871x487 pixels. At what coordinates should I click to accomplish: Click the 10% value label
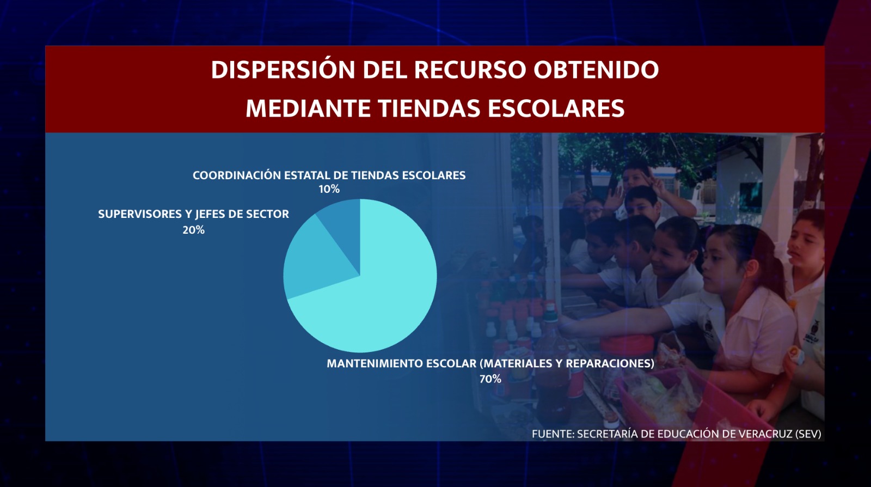pyautogui.click(x=329, y=190)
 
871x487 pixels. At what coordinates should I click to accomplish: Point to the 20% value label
pyautogui.click(x=194, y=230)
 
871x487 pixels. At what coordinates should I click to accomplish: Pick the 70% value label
pyautogui.click(x=490, y=379)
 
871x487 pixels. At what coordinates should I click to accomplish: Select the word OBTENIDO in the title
pyautogui.click(x=596, y=70)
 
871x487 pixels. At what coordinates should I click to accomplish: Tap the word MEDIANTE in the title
pyautogui.click(x=308, y=108)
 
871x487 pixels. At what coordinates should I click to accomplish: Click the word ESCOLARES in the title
pyautogui.click(x=556, y=108)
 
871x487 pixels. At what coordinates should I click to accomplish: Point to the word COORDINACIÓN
pyautogui.click(x=237, y=175)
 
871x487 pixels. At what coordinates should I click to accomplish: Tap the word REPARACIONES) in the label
pyautogui.click(x=610, y=364)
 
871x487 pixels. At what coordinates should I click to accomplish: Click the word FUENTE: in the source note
pyautogui.click(x=553, y=434)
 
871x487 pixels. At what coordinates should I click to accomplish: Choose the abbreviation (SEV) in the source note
pyautogui.click(x=808, y=434)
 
